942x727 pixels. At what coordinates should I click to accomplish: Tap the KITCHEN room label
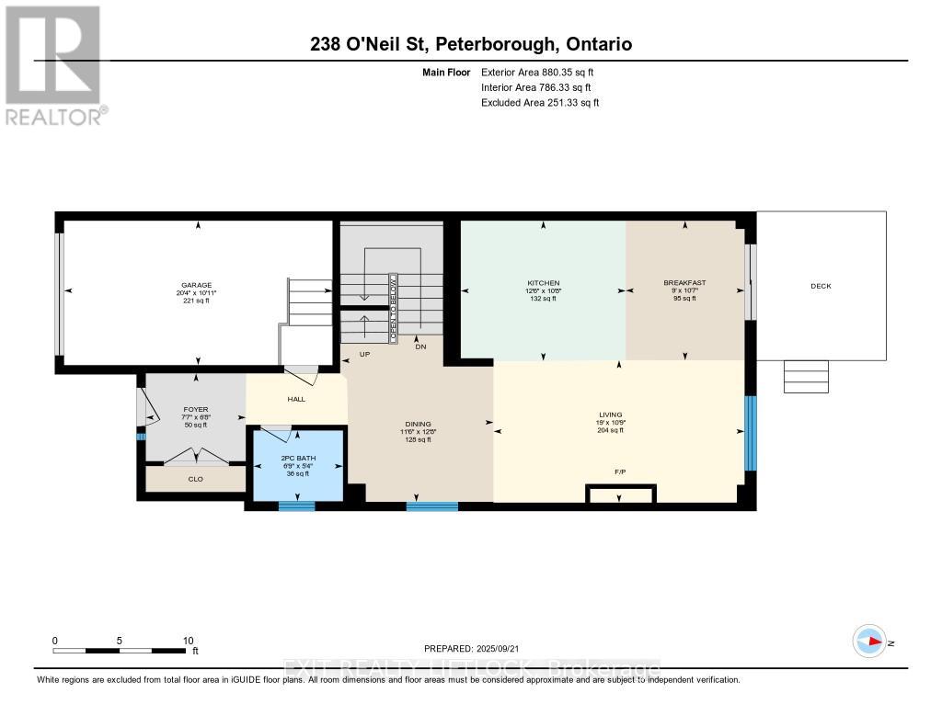click(543, 283)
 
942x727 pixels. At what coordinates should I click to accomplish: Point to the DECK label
click(821, 286)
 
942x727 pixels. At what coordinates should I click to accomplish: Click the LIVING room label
click(611, 415)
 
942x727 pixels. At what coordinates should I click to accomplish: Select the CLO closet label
click(196, 479)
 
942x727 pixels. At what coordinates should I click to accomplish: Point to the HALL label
click(296, 399)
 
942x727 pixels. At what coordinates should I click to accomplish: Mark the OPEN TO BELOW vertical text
click(392, 308)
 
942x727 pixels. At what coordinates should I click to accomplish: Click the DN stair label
click(420, 347)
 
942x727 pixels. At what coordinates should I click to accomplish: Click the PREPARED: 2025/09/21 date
click(477, 648)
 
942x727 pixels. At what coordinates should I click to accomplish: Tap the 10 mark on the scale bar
click(188, 641)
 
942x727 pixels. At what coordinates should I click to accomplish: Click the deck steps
click(806, 377)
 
